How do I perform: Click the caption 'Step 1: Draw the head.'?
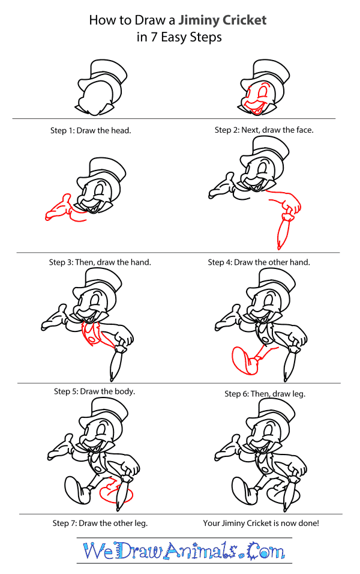(91, 130)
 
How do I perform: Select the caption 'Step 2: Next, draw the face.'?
(264, 130)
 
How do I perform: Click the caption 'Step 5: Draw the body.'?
(95, 391)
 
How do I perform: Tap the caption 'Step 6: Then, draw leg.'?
(265, 394)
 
